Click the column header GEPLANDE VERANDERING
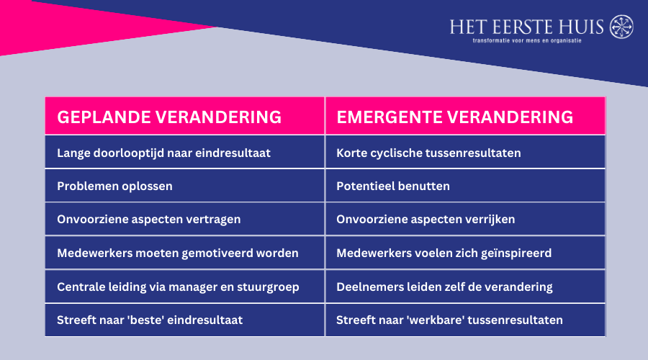pyautogui.click(x=168, y=117)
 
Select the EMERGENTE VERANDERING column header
pyautogui.click(x=455, y=117)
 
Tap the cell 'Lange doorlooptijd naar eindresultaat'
pyautogui.click(x=163, y=153)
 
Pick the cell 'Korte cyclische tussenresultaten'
pyautogui.click(x=428, y=153)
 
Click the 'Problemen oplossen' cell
pyautogui.click(x=114, y=186)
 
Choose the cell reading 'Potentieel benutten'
pyautogui.click(x=393, y=186)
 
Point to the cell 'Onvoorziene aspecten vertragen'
pyautogui.click(x=148, y=220)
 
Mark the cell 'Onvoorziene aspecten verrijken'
pyautogui.click(x=426, y=220)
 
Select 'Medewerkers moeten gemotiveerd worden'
pyautogui.click(x=177, y=253)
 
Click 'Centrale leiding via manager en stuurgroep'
pyautogui.click(x=178, y=287)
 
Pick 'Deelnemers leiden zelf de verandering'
pyautogui.click(x=444, y=287)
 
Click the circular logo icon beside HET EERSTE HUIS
pyautogui.click(x=621, y=27)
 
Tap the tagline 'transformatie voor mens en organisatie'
pyautogui.click(x=526, y=40)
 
